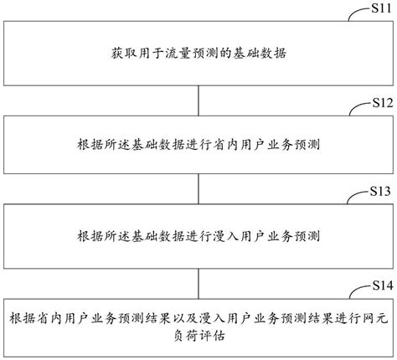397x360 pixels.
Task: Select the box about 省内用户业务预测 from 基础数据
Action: [x=198, y=144]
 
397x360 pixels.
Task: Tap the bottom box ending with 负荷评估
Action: [x=198, y=327]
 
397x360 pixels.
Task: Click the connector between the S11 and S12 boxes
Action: [x=198, y=99]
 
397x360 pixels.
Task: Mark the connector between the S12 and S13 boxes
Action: [x=198, y=188]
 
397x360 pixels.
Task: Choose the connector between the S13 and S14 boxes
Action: [x=198, y=279]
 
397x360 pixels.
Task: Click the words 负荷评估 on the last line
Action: [x=198, y=337]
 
